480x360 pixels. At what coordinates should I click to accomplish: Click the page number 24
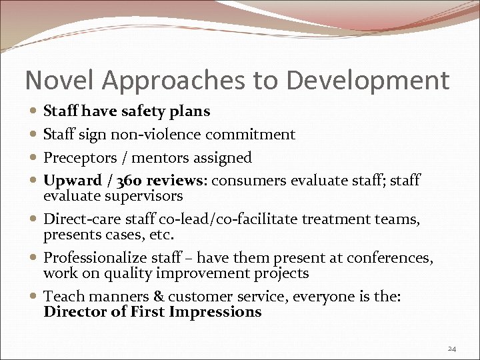pyautogui.click(x=452, y=348)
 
